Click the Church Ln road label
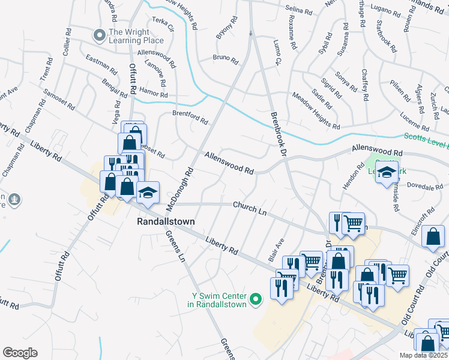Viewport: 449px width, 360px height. [250, 208]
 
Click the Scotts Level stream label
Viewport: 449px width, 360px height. [426, 139]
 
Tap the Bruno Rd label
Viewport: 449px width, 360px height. [225, 59]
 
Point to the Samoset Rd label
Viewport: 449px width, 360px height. [59, 99]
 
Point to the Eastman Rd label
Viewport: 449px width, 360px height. [98, 63]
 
